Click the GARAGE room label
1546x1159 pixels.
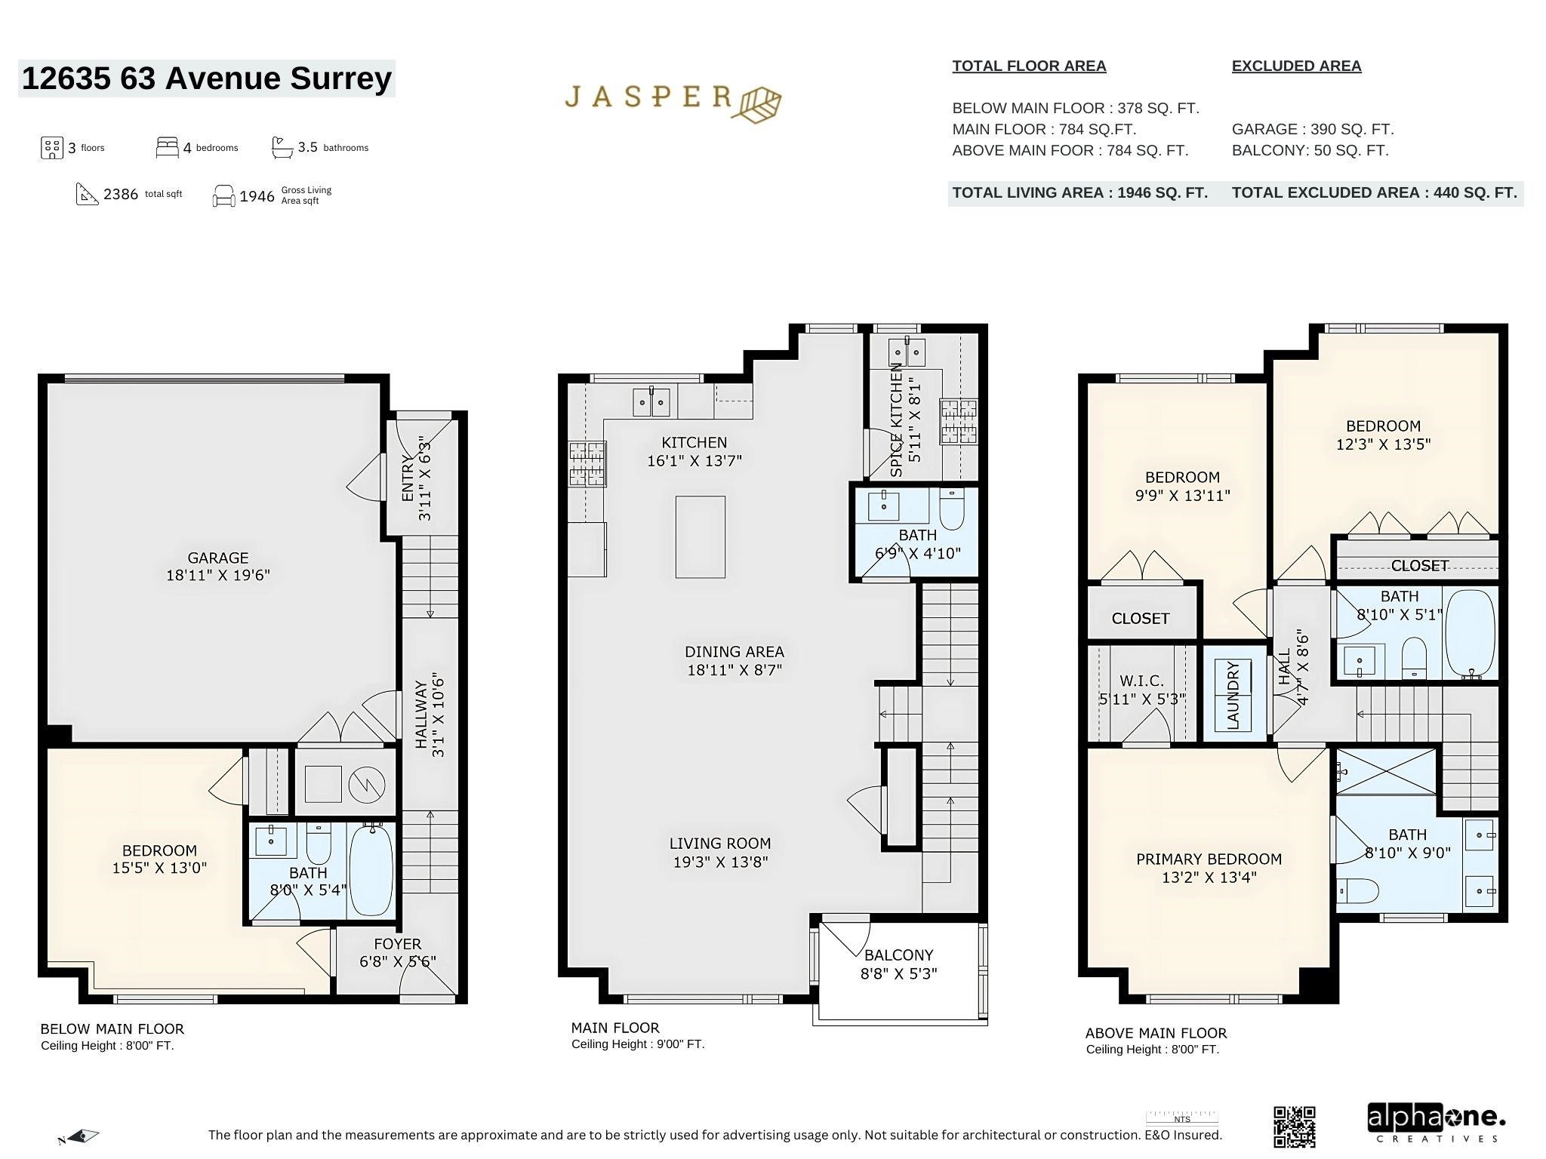click(217, 558)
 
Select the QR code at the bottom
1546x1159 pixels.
click(1294, 1127)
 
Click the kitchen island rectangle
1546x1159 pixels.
click(700, 536)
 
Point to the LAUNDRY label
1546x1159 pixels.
click(1233, 696)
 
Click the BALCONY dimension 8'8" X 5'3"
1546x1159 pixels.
click(898, 973)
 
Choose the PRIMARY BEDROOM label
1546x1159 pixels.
click(1209, 859)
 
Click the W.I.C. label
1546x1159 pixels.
click(1141, 681)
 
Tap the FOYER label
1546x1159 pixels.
click(397, 944)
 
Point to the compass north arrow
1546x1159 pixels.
click(80, 1136)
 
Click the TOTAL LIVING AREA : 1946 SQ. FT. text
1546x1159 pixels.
click(1079, 192)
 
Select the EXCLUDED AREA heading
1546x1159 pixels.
click(1296, 66)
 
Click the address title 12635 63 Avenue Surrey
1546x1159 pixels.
click(207, 78)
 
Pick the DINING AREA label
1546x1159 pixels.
click(734, 651)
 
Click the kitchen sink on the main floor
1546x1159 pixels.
click(651, 401)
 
